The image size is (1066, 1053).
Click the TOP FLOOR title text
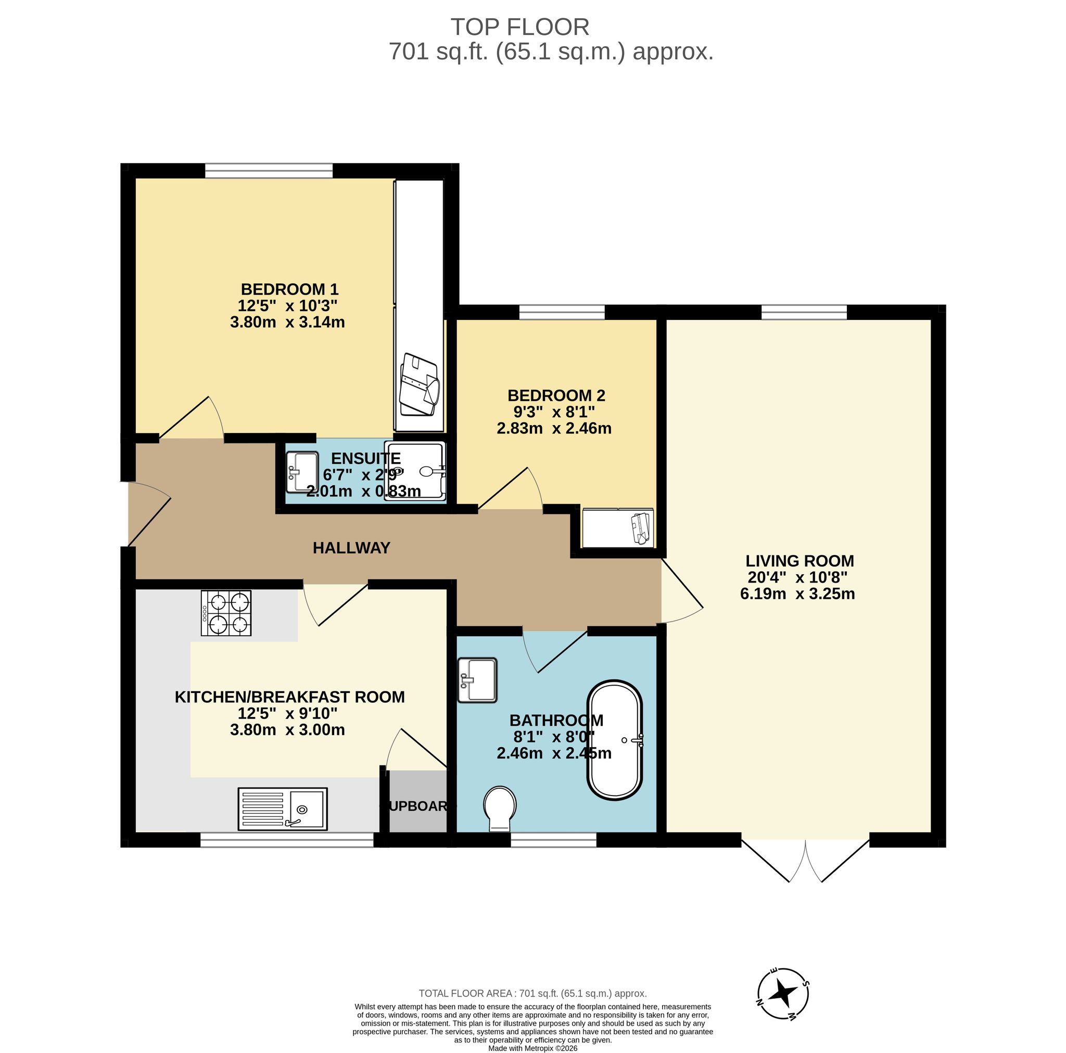coord(520,27)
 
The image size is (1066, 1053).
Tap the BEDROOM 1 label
coord(290,289)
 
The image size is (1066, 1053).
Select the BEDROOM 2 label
coord(556,395)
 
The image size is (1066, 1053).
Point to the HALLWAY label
coord(351,548)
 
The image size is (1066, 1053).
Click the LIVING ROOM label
coord(799,561)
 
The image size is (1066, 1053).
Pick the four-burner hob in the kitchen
coord(226,613)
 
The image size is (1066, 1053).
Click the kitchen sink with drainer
coord(283,809)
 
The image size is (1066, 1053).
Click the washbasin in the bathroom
coord(477,680)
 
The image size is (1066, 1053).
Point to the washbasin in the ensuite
coord(302,472)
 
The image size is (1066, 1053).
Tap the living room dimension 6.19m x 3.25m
coord(797,594)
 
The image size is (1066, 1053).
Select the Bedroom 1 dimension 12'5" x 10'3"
coord(287,305)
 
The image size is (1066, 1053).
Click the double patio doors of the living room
coord(806,862)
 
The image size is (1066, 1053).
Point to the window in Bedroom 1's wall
coord(269,170)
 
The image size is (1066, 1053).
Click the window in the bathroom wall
coord(553,840)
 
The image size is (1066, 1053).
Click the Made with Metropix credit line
coord(532,1048)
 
